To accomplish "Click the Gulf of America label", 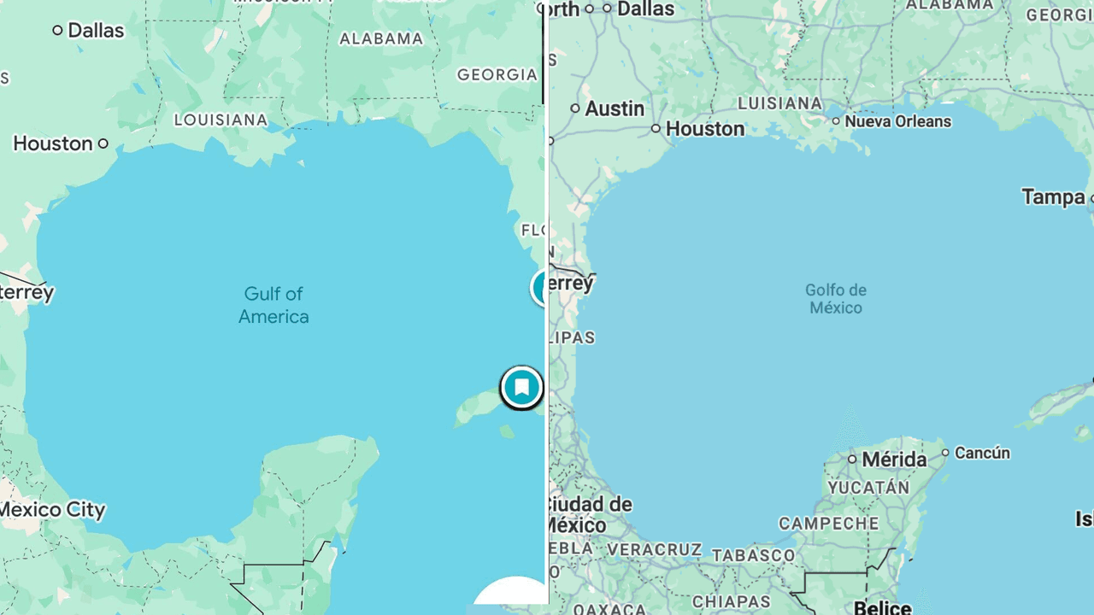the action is [x=273, y=305].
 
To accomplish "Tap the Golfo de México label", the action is [x=836, y=298].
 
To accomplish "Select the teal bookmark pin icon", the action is [x=521, y=388].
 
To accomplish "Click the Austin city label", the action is [x=615, y=108].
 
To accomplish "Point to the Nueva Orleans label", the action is [x=897, y=121].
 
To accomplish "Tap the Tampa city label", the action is [x=1053, y=196].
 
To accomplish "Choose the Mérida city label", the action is [x=894, y=460].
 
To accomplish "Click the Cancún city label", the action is [x=982, y=453].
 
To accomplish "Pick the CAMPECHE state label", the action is [x=828, y=523].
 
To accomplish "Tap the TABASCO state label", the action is [x=752, y=555].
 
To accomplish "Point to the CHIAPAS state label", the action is [x=732, y=601].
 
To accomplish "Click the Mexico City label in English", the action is [x=53, y=510].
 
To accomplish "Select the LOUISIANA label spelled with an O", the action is [x=221, y=120].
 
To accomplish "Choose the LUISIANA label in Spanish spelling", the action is [x=779, y=103].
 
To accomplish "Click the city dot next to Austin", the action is [x=575, y=108].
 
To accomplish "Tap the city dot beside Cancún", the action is [x=945, y=453].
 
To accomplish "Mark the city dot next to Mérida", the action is [x=852, y=460].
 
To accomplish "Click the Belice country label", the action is [x=883, y=607].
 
